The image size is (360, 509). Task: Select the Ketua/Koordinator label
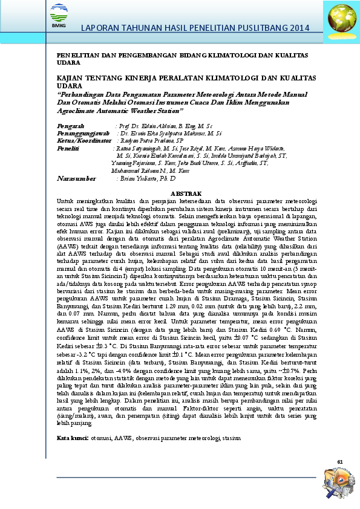click(x=82, y=140)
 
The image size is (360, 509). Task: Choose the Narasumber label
click(x=76, y=180)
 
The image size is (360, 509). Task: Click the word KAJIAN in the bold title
click(x=70, y=79)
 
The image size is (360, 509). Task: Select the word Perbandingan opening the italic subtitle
click(x=82, y=95)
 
